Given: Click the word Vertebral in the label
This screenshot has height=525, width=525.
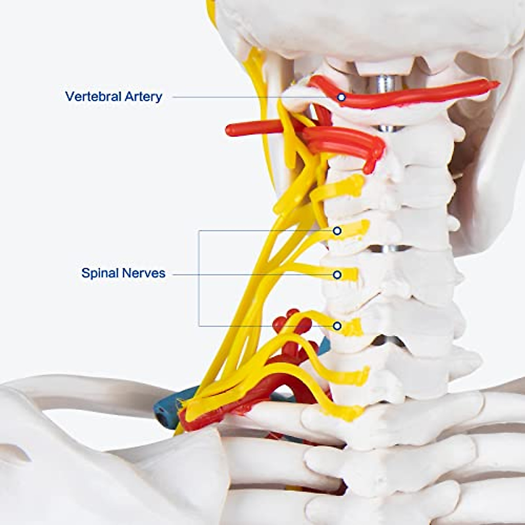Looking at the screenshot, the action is point(93,96).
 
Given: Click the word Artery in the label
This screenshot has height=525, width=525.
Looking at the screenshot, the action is point(143,97).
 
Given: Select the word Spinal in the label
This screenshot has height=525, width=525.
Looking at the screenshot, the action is point(100,273).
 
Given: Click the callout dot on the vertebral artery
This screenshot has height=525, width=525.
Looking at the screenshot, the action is point(341,97).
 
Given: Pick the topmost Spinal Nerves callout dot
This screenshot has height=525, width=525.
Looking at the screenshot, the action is point(337,231).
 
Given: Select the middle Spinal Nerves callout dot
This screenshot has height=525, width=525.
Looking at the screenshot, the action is point(337,275).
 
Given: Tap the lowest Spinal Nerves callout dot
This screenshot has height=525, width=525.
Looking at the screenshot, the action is point(337,326).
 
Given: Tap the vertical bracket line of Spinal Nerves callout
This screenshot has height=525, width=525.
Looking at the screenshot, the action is point(199,278).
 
